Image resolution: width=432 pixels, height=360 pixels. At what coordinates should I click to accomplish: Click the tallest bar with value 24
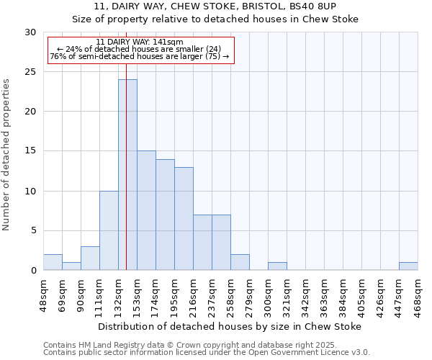[127, 175]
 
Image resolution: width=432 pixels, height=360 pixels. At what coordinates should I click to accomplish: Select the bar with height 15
[146, 210]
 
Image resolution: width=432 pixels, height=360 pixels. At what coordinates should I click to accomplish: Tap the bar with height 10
[109, 230]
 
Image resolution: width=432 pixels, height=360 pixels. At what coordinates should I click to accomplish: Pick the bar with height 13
[184, 219]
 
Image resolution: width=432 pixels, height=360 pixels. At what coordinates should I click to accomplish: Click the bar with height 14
[165, 215]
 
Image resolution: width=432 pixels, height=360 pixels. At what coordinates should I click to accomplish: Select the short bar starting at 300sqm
[277, 266]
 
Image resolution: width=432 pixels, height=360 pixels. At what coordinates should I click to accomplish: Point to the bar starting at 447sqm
[408, 266]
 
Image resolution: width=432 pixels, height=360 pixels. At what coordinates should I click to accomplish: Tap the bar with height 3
[90, 258]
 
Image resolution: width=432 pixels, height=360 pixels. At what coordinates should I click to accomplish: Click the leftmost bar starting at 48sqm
[53, 263]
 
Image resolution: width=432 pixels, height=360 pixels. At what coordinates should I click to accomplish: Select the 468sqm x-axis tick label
[418, 293]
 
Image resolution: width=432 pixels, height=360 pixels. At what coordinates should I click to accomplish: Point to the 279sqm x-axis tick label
[249, 293]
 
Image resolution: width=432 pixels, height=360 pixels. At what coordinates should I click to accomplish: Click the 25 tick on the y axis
[30, 72]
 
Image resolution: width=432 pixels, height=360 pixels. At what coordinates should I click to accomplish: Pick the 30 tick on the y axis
[30, 32]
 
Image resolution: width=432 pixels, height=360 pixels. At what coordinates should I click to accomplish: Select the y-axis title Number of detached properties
[7, 154]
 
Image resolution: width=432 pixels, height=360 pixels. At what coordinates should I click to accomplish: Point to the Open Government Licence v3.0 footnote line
[207, 353]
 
